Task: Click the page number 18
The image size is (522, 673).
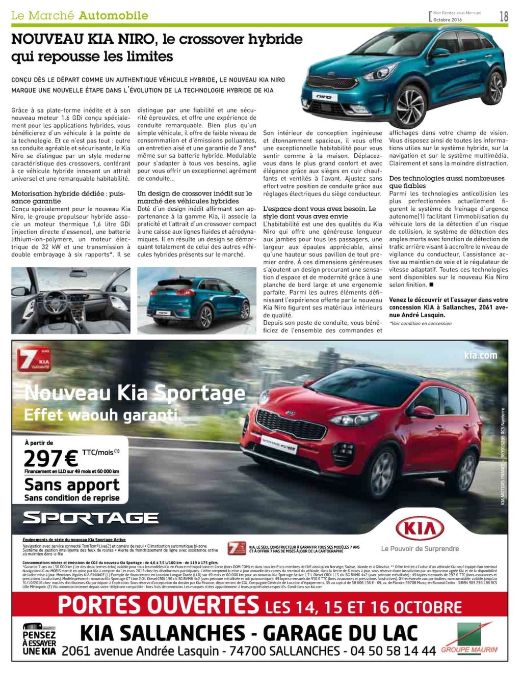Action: tap(504, 16)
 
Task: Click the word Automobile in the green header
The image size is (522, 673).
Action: tap(114, 16)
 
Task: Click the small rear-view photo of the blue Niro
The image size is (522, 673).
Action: tap(197, 300)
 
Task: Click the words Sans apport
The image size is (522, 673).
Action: tap(72, 485)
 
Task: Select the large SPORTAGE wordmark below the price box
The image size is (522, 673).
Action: tap(91, 518)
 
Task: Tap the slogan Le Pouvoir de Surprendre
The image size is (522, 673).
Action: tap(420, 548)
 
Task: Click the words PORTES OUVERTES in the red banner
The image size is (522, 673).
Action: tap(159, 606)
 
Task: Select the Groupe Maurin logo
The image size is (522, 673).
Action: tap(469, 638)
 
